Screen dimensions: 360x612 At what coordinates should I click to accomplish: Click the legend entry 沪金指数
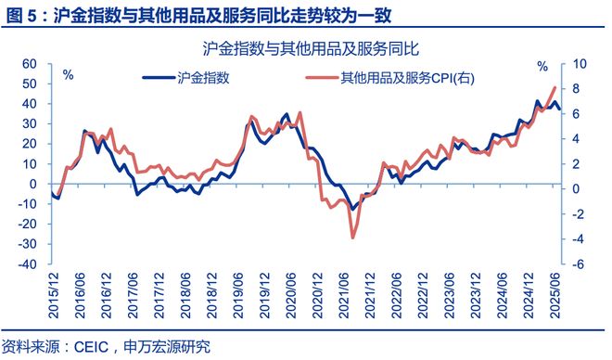tap(203, 79)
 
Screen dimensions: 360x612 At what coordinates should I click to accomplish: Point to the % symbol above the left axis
tap(68, 74)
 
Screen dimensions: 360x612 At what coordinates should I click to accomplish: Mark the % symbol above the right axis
tap(543, 67)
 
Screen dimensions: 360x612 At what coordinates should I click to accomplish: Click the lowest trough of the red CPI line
tap(352, 238)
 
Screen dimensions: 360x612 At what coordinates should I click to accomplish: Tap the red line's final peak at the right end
tap(555, 87)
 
